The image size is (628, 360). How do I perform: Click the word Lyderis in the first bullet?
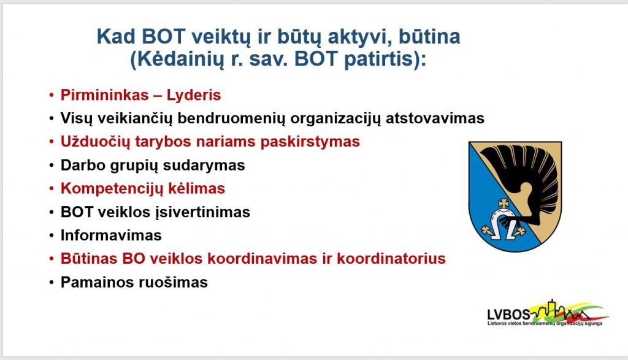click(x=193, y=96)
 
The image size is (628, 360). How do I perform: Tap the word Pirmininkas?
click(x=104, y=95)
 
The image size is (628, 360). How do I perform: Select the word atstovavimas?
click(x=435, y=118)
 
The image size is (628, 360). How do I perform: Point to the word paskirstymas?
click(x=310, y=142)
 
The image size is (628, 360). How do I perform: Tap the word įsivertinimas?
click(x=202, y=212)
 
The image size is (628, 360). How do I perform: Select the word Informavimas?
click(x=111, y=236)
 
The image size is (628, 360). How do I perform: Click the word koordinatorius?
click(x=391, y=259)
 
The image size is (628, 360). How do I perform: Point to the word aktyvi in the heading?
click(x=355, y=37)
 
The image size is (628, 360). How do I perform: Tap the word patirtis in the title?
click(x=381, y=59)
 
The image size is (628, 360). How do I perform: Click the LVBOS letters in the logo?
click(x=508, y=315)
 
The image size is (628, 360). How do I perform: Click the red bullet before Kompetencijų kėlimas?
click(x=52, y=189)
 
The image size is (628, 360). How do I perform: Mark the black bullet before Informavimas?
click(x=52, y=236)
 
